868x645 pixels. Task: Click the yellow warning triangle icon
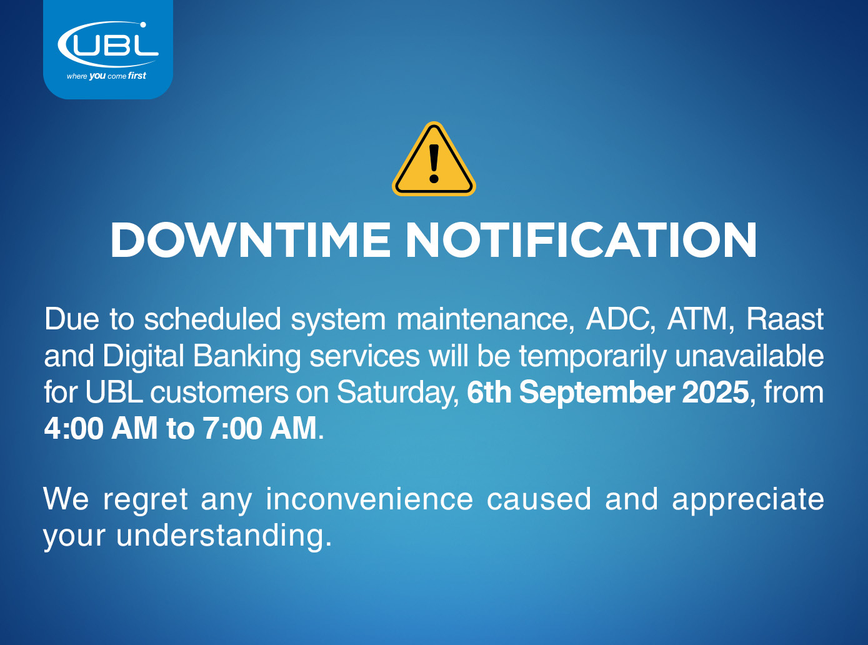(434, 159)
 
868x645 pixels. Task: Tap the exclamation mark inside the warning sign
(434, 164)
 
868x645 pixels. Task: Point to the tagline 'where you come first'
(106, 76)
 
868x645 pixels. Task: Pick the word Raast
(785, 319)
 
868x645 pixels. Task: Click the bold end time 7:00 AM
(259, 428)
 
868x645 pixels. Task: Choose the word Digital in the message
(143, 356)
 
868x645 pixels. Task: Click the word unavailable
(749, 356)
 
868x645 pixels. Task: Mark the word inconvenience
(369, 499)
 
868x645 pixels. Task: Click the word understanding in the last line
(224, 536)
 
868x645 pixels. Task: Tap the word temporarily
(593, 356)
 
